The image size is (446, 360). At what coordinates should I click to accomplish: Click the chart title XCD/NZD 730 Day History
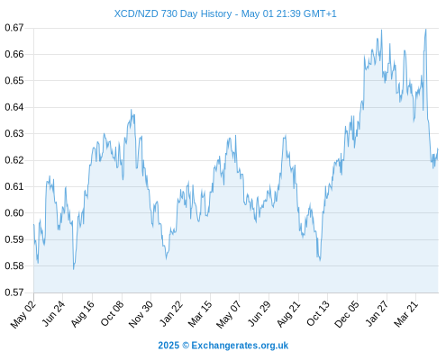tap(173, 13)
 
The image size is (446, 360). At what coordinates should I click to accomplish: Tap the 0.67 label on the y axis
tap(14, 28)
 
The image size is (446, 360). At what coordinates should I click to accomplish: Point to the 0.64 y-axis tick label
tap(14, 107)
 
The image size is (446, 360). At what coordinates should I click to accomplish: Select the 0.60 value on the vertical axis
tap(14, 213)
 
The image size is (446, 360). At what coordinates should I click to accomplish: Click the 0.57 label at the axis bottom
tap(14, 292)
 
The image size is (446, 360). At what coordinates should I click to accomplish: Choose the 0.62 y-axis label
tap(14, 160)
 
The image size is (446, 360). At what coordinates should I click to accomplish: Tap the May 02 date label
tap(23, 314)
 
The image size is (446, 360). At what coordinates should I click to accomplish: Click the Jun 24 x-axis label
tap(53, 314)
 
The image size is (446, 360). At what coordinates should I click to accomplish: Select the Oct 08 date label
tap(112, 314)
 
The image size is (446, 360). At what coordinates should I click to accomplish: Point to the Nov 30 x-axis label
tap(141, 314)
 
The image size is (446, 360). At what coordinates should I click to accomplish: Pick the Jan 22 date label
tap(171, 314)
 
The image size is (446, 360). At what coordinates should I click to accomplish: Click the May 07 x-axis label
tap(229, 314)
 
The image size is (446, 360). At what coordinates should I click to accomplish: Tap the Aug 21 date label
tap(288, 314)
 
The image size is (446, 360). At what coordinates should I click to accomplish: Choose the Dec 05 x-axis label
tap(347, 314)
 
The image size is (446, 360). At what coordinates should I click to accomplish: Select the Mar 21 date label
tap(406, 314)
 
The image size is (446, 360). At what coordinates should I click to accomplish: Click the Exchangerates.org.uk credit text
tap(240, 346)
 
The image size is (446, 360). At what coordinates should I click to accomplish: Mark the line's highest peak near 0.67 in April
tap(425, 29)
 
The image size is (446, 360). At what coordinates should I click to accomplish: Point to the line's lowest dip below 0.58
tap(73, 269)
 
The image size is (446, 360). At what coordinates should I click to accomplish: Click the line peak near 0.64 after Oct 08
tap(131, 110)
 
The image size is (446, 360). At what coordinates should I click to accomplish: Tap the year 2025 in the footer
tap(168, 346)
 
